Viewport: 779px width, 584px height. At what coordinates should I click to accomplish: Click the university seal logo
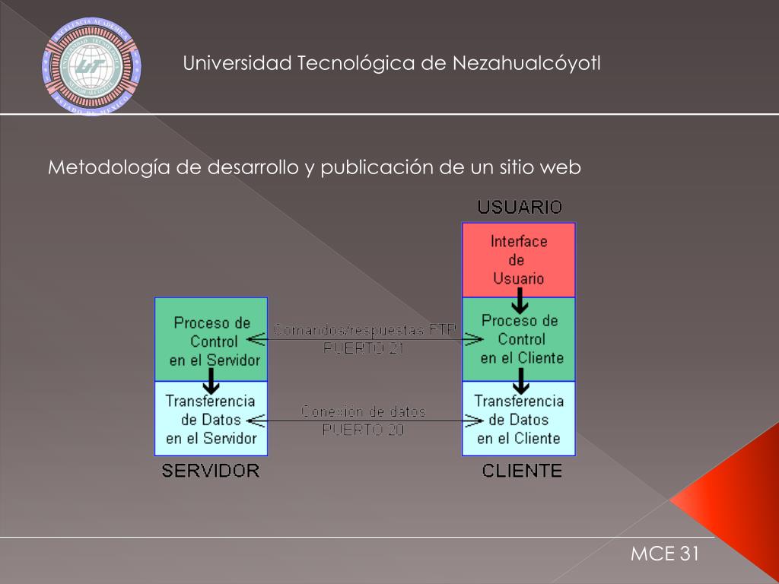(91, 67)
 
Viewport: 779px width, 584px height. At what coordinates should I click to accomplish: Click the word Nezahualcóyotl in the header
(526, 63)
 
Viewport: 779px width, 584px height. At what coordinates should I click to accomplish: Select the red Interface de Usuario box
(519, 259)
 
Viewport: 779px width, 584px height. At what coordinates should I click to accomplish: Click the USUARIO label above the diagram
(520, 207)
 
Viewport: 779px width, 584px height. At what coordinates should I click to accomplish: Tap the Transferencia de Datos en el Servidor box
(211, 419)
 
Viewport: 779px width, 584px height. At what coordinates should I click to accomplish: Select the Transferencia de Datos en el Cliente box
(519, 419)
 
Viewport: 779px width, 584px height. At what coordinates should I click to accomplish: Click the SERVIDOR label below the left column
(211, 471)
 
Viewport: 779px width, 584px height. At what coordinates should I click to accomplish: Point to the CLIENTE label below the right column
(522, 471)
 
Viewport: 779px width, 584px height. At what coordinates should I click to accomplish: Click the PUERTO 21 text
(364, 349)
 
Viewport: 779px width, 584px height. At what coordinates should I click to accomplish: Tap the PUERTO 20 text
(363, 430)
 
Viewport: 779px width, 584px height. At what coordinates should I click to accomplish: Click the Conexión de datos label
(364, 411)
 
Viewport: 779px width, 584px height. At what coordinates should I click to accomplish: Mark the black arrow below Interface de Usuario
(520, 305)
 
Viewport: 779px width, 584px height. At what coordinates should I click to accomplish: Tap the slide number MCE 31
(664, 554)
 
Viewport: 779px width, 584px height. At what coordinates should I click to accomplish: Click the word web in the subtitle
(561, 168)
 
